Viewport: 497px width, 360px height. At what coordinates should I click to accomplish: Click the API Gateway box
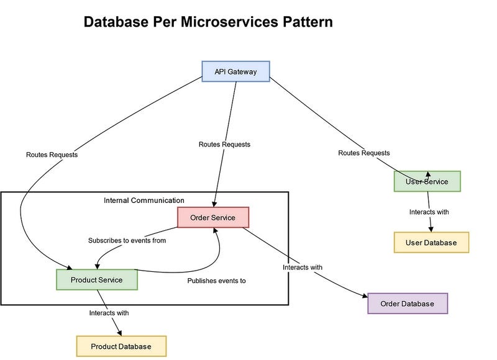coord(236,71)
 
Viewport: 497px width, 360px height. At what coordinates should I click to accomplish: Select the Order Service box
coord(212,217)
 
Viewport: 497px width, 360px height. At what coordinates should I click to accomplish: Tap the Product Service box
coord(96,280)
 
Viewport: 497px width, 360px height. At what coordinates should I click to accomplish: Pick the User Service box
coord(427,181)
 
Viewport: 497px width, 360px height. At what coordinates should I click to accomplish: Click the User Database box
coord(431,243)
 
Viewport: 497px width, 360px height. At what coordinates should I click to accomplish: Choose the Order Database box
coord(408,304)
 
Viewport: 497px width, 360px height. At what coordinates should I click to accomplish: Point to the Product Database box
coord(121,346)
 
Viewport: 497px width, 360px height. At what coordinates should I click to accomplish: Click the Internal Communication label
coord(144,200)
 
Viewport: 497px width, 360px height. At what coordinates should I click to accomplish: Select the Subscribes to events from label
coord(127,240)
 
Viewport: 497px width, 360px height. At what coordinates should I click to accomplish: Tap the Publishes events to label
coord(217,281)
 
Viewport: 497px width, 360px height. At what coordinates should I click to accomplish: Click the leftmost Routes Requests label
coord(52,155)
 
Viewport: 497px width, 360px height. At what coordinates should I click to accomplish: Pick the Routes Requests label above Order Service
coord(224,144)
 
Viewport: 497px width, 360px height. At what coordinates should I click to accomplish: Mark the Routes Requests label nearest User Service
coord(364,153)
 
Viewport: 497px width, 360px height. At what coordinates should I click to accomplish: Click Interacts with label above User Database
coord(429,212)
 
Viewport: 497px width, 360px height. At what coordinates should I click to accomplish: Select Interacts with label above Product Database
coord(109,313)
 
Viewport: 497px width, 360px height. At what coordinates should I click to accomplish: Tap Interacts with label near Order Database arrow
coord(303,268)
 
